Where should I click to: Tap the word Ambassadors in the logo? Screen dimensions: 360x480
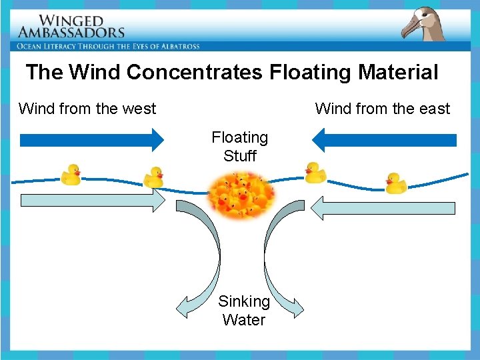[x=71, y=32]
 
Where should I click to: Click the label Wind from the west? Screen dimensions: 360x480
[x=87, y=109]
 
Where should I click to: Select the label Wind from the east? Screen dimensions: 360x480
[x=382, y=109]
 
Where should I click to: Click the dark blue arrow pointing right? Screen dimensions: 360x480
[x=92, y=140]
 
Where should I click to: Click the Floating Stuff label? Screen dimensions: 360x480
[x=239, y=147]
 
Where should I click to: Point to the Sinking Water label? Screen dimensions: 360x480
[x=244, y=311]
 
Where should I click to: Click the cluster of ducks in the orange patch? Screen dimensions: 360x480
[x=241, y=195]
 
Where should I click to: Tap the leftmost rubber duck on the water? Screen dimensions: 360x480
[x=70, y=175]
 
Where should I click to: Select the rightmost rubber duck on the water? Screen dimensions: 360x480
[x=396, y=183]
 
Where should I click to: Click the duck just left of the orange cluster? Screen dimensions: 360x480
[x=154, y=177]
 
